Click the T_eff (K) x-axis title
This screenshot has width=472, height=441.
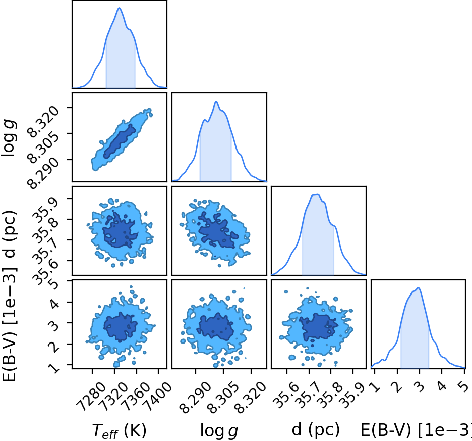tap(119, 431)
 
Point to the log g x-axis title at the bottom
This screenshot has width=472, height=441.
tap(219, 431)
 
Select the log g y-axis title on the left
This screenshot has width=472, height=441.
tap(9, 137)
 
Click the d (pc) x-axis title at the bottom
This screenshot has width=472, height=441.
tap(316, 430)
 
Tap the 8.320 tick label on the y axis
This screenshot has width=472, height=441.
tap(43, 122)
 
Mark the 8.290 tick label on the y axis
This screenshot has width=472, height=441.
tap(43, 173)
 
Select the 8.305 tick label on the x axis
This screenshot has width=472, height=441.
tap(223, 398)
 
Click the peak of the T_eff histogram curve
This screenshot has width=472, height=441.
tap(119, 8)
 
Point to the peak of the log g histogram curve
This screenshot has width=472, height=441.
tap(216, 102)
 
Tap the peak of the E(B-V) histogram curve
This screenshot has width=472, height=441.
tap(419, 288)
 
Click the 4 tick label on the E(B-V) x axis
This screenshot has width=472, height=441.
tap(442, 386)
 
